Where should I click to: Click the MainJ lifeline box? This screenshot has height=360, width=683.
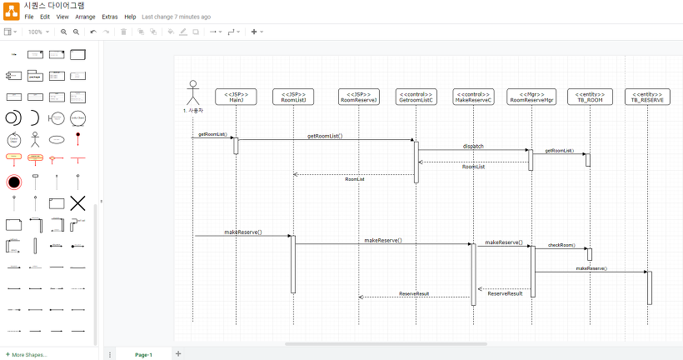(236, 97)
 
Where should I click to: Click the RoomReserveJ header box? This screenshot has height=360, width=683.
(359, 97)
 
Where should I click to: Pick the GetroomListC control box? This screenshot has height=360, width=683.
(416, 97)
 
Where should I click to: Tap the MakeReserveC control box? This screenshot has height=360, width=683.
(474, 97)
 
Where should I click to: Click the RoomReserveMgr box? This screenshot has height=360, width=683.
(531, 97)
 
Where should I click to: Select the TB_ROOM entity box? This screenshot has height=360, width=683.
(590, 97)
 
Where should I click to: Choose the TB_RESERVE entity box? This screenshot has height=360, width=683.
(648, 97)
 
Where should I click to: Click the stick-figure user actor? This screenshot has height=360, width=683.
(193, 91)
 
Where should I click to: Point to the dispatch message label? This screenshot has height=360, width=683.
(473, 147)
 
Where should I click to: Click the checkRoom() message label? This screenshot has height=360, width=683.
(561, 245)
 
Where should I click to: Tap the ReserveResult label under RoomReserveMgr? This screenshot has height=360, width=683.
(505, 293)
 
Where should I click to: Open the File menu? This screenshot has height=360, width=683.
(29, 17)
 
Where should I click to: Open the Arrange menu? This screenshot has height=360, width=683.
(85, 17)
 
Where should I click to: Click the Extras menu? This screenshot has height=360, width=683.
(109, 17)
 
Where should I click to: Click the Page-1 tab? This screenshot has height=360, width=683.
(143, 354)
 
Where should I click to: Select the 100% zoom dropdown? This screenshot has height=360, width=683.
(37, 32)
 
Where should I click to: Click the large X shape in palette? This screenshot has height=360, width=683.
(77, 202)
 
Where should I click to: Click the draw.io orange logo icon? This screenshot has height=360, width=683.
(11, 10)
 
